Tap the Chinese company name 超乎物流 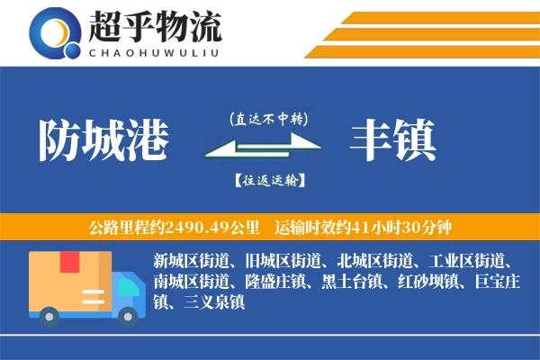click(155, 28)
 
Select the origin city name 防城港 click(104, 139)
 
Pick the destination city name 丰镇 click(394, 139)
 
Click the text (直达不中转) click(267, 119)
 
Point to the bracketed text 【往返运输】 click(267, 181)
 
